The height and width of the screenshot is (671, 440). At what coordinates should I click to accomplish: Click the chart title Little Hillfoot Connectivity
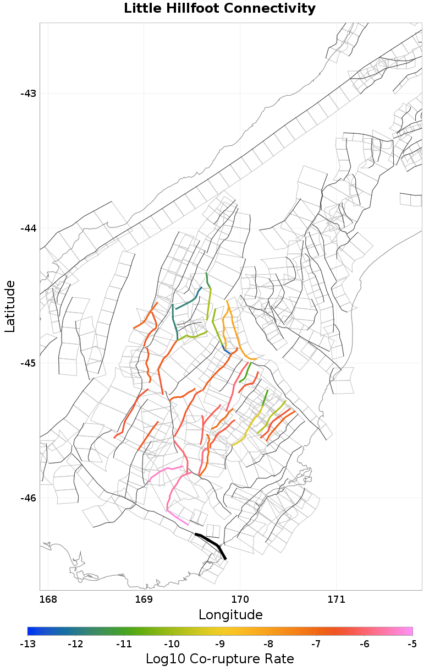pos(219,9)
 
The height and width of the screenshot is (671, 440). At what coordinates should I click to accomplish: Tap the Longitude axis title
pos(230,614)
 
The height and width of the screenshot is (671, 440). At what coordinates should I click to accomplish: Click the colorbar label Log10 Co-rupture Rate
pos(219,659)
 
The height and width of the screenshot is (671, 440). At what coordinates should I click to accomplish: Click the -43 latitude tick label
pos(28,94)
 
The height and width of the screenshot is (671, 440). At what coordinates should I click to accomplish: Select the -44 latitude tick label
pos(28,228)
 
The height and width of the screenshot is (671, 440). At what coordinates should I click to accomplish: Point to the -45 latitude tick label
pos(28,363)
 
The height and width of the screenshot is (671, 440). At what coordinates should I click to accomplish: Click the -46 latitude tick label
pos(28,498)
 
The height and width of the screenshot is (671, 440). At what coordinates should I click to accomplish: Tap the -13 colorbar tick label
pos(28,643)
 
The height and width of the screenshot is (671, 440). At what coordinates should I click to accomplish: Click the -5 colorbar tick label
pos(413,643)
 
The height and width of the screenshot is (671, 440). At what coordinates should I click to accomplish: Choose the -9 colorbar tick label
pos(220,643)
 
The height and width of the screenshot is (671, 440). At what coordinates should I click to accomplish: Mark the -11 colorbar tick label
pos(124,643)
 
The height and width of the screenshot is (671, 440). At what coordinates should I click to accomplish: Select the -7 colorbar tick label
pos(316,643)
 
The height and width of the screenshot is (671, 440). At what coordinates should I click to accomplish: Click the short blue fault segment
pos(226,351)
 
